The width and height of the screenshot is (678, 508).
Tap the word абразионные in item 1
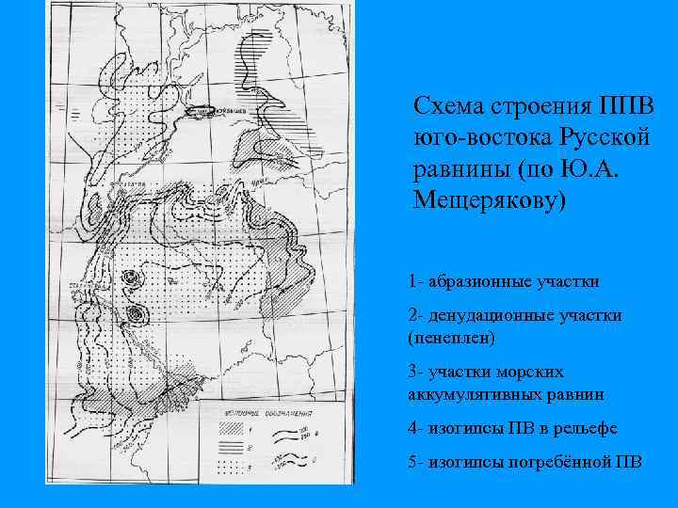pos(481,280)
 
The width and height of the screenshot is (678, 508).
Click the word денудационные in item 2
pos(491,316)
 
